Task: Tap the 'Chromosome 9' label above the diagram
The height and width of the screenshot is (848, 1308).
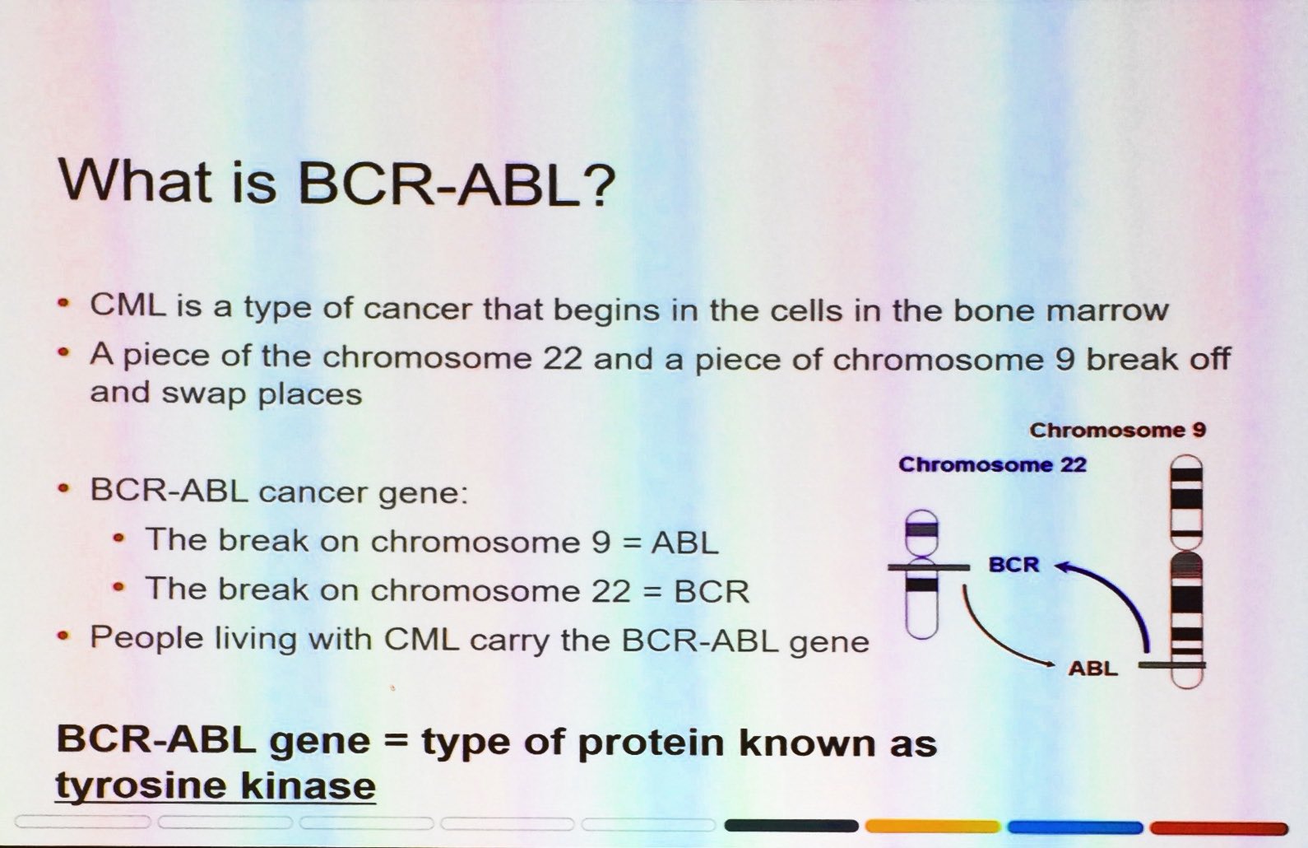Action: point(1118,430)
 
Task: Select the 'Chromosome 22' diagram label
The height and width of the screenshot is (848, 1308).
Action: point(993,464)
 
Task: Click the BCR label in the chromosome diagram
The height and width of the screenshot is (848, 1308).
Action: point(1014,565)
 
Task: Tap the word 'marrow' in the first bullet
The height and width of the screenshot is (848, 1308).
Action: point(1107,310)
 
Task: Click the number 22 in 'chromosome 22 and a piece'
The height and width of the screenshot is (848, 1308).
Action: point(563,357)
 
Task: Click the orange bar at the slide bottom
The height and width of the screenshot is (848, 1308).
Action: point(933,827)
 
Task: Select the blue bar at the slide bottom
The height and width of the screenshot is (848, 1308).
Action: point(1075,827)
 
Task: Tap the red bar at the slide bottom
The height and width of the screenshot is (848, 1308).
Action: point(1218,828)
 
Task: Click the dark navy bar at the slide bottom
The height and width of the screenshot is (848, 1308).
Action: point(791,826)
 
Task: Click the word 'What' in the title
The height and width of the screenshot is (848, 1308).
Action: point(136,181)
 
